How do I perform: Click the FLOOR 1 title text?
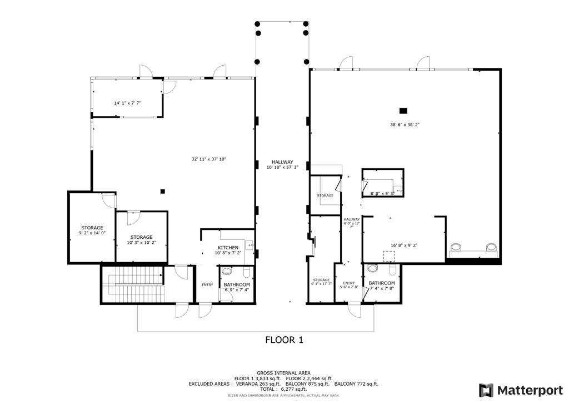[x=284, y=340]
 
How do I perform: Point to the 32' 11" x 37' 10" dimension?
[x=209, y=159]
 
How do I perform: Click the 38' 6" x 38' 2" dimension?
[x=404, y=125]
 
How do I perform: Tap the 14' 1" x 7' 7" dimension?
[x=127, y=103]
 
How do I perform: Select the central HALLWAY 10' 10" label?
[x=282, y=164]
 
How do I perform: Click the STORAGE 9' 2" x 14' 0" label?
[x=92, y=230]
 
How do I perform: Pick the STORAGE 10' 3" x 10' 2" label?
[x=141, y=240]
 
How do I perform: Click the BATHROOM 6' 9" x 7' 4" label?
[x=237, y=287]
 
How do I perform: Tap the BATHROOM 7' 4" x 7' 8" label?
[x=382, y=286]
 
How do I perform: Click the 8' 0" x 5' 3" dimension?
[x=382, y=194]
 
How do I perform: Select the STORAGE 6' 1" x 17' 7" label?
[x=321, y=282]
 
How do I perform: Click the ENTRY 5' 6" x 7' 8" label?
[x=349, y=285]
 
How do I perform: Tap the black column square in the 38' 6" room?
[x=403, y=110]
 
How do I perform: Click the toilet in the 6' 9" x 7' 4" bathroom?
[x=226, y=272]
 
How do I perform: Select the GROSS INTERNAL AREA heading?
[x=283, y=373]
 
